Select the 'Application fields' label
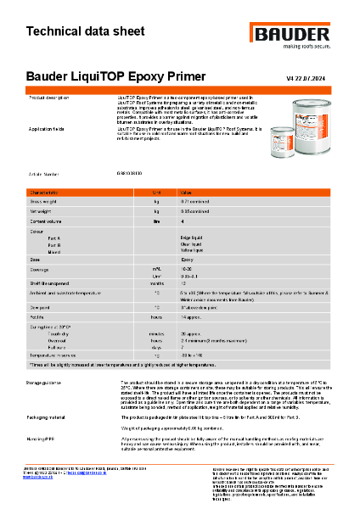pos(53,129)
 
